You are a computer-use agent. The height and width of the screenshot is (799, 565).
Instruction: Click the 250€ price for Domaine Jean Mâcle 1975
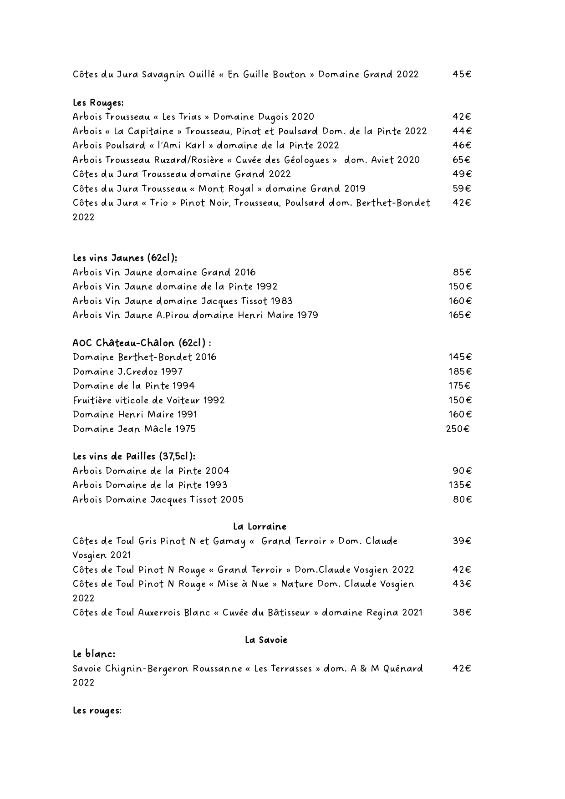pos(458,429)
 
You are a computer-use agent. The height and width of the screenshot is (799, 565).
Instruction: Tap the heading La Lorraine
pos(260,527)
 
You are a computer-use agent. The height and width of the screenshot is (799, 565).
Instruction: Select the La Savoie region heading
pos(266,640)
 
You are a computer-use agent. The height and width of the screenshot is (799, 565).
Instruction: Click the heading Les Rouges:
pos(98,103)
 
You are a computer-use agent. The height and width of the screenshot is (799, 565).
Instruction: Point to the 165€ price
pos(459,315)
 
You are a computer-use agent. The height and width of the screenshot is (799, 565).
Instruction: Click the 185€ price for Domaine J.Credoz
pos(460,372)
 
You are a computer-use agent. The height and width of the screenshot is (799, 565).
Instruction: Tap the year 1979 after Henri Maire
pos(306,315)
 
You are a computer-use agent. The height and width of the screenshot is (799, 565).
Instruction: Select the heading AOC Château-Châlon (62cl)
pos(142,343)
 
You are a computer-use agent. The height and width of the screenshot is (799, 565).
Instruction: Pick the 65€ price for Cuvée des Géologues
pos(462,160)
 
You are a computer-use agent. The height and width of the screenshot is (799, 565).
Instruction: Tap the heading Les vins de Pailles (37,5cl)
pos(134,456)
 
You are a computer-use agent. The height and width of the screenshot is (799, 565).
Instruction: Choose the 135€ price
pos(460,485)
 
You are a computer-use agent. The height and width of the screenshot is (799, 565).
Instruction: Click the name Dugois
pos(273,117)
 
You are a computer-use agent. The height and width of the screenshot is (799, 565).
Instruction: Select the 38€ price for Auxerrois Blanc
pos(462,612)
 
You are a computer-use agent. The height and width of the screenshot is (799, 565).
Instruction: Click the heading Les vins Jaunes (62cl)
pos(125,258)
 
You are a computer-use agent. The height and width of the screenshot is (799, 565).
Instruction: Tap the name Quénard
pos(403,669)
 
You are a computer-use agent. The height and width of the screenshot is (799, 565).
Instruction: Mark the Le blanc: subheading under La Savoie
pos(94,654)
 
